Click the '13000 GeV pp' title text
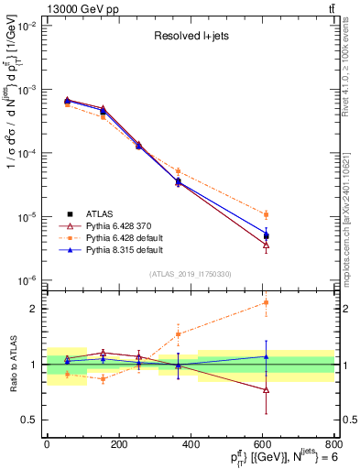point(41,8)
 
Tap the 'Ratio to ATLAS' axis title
point(11,364)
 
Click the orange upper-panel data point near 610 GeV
point(267,214)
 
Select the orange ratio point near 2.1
point(267,302)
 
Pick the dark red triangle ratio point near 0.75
point(267,389)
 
